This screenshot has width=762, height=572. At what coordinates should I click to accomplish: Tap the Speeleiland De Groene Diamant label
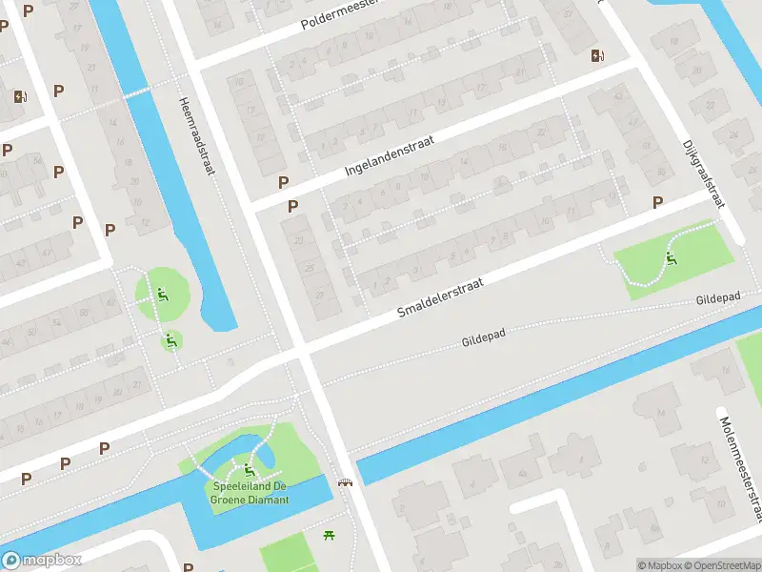pyautogui.click(x=249, y=492)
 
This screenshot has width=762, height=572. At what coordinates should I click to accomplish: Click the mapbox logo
pyautogui.click(x=42, y=561)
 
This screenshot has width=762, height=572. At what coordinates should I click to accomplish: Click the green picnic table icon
pyautogui.click(x=330, y=536)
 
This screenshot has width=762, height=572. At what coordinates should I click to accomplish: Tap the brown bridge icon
pyautogui.click(x=347, y=481)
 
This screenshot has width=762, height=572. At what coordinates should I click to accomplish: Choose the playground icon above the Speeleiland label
pyautogui.click(x=250, y=469)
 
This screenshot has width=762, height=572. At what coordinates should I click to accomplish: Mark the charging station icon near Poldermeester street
pyautogui.click(x=597, y=55)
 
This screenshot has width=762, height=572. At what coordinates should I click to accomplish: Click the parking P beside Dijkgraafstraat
pyautogui.click(x=657, y=202)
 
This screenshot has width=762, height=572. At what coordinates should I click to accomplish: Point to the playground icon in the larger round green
pyautogui.click(x=163, y=295)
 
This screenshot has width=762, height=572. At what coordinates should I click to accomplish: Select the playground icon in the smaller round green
pyautogui.click(x=171, y=339)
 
